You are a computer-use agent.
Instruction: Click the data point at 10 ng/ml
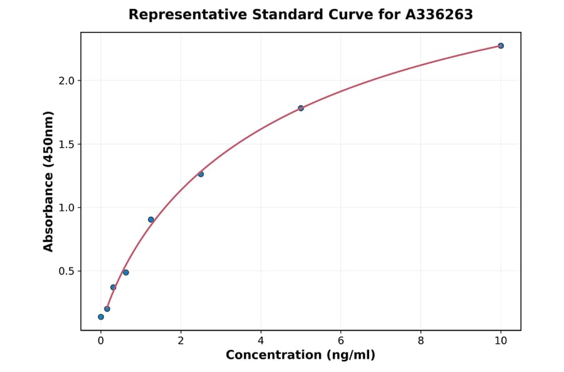[501, 46]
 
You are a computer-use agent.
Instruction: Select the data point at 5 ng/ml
[301, 108]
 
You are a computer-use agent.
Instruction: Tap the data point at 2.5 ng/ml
[201, 174]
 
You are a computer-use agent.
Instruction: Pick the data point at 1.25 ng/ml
[151, 220]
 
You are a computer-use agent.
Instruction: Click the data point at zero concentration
[101, 317]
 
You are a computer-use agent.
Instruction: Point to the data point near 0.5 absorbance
[126, 272]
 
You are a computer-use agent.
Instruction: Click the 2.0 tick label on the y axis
[66, 81]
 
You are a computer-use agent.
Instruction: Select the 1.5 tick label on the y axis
[66, 144]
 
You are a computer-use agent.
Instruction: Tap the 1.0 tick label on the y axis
[66, 208]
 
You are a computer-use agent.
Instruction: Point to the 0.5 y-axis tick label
[66, 271]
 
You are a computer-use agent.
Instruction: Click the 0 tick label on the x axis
[101, 341]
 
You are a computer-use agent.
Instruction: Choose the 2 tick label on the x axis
[180, 341]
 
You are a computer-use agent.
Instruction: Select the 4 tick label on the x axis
[261, 341]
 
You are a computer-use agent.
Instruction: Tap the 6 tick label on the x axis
[340, 341]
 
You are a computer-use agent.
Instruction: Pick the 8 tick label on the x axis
[420, 341]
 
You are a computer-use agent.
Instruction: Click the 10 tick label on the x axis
[501, 341]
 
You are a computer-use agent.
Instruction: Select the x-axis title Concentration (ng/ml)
[300, 355]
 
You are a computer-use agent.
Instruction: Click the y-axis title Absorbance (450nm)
[48, 181]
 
